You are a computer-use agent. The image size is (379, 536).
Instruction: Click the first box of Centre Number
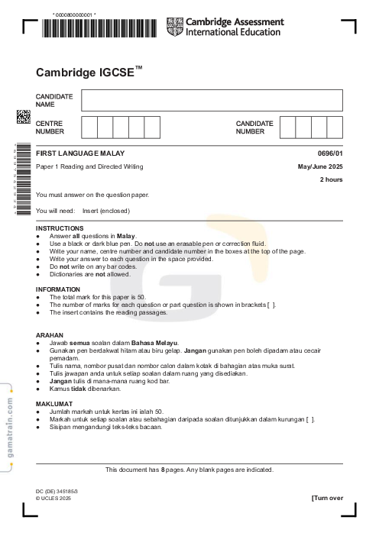89,127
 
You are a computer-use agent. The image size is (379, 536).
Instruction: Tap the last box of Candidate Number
335,127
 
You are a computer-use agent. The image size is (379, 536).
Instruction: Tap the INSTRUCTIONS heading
60,228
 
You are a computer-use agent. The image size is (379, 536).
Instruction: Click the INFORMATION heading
58,289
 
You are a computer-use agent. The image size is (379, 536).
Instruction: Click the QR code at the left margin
24,116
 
